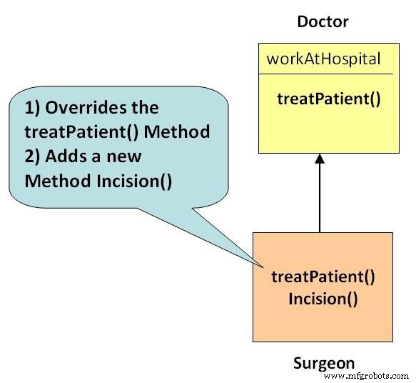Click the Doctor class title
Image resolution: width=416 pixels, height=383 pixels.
tap(323, 21)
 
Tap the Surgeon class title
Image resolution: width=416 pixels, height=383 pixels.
tap(324, 363)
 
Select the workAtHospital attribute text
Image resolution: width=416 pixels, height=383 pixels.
tap(323, 59)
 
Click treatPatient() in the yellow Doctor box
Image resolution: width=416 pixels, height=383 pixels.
tap(329, 99)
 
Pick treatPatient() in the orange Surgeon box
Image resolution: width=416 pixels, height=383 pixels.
tap(323, 277)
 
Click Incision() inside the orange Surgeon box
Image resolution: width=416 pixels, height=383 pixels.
tap(323, 299)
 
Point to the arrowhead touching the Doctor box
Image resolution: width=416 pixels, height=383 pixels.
tap(320, 159)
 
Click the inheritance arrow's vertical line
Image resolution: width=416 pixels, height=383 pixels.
tap(320, 198)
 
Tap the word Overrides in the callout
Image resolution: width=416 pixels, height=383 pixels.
tap(86, 108)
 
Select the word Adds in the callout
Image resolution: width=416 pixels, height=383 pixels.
tap(66, 156)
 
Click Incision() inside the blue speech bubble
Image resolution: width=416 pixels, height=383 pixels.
tap(134, 181)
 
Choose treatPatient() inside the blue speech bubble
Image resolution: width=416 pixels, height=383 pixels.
tap(81, 132)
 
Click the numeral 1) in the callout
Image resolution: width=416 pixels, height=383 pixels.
tap(32, 108)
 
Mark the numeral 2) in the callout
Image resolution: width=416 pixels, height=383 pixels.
tap(32, 156)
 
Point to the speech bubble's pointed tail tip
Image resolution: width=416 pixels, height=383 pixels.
tap(263, 267)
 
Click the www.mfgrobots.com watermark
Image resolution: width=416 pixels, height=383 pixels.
tap(366, 376)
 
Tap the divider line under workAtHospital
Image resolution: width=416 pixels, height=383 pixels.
tap(326, 74)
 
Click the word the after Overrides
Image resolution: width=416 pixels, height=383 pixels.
tap(146, 108)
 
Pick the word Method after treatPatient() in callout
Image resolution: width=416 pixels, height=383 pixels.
tap(177, 132)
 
